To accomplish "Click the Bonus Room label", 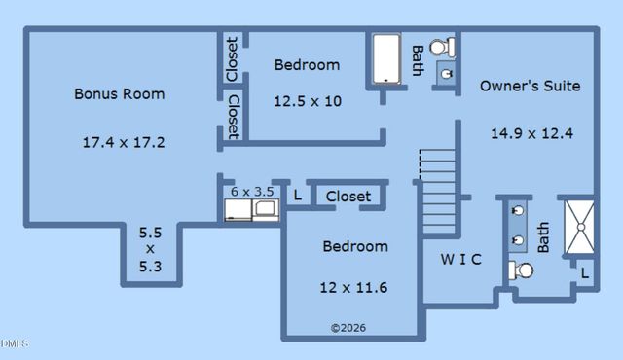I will [119, 94].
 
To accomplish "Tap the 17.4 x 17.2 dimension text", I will [123, 142].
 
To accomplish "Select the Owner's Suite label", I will [530, 86].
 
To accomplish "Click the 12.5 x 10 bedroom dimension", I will [307, 100].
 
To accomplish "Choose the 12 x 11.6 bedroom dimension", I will [353, 287].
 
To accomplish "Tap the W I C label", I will [460, 259].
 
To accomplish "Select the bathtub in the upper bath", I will [385, 59].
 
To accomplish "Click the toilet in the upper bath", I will [441, 46].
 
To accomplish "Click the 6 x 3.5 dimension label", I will [252, 192].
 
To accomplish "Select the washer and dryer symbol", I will [252, 210].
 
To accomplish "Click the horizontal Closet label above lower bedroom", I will [348, 197].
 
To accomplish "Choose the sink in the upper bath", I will [447, 73].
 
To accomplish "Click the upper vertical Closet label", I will [232, 58].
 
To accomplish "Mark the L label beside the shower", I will [584, 274].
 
